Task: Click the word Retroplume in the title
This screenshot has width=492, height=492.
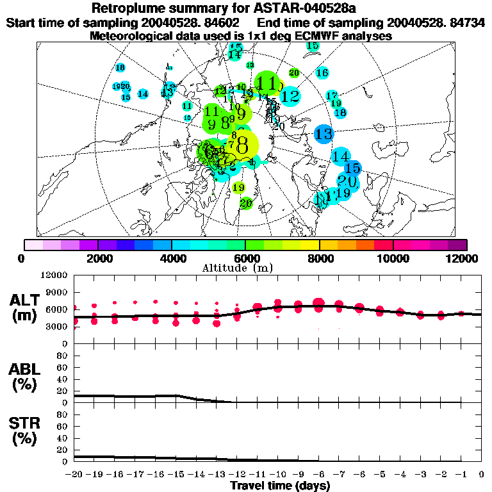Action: pos(131,9)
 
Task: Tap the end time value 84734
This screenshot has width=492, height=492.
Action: pos(466,23)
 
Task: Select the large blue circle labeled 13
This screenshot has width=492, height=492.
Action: pos(324,134)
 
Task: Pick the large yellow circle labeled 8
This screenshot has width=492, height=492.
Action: pos(242,145)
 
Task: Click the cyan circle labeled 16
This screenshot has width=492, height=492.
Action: pos(322,73)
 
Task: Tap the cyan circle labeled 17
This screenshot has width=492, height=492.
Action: pos(332,95)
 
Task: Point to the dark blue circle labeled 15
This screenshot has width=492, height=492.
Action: pos(352,168)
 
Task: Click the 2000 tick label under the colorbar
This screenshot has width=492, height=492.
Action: pos(97,258)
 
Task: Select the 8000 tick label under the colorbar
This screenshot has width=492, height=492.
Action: pos(319,258)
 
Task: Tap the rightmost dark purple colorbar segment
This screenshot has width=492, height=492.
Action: pos(457,245)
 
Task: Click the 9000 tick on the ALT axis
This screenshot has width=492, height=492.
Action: pos(58,291)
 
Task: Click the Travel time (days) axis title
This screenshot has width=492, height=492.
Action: pos(280,486)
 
